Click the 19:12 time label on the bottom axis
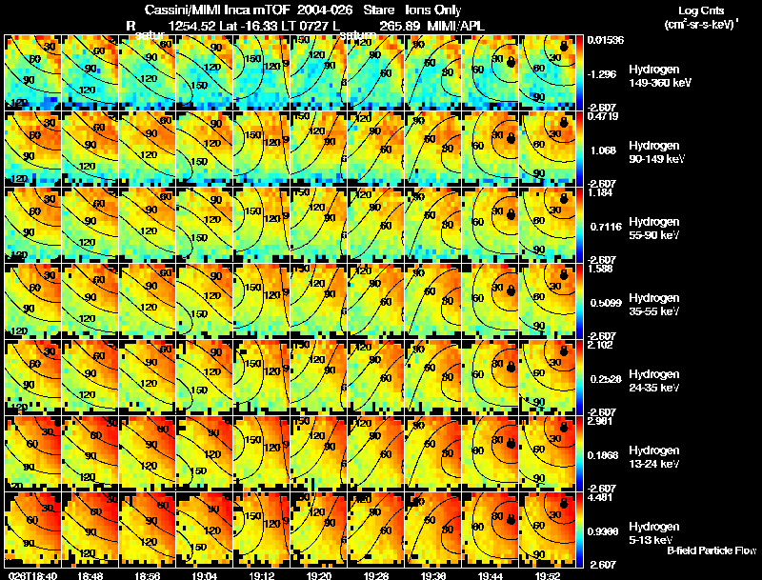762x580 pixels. point(262,575)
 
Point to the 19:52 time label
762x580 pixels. point(547,575)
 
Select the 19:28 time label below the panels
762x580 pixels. point(376,575)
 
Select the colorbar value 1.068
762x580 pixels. point(603,150)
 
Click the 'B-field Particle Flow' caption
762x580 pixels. point(711,551)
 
